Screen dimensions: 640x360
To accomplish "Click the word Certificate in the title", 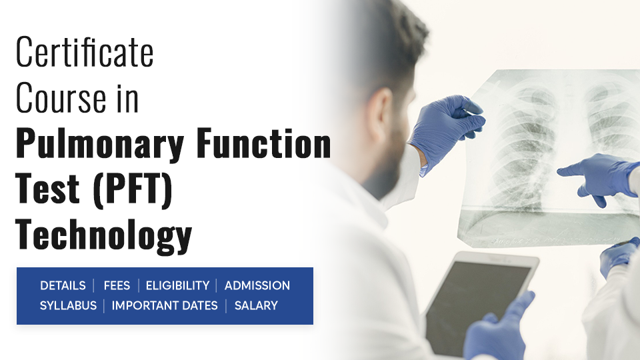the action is click(85, 52).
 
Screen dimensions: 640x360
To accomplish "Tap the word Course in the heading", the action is click(61, 97).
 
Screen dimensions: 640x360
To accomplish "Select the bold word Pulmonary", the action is click(100, 145).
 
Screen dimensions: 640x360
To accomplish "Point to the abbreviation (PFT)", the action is click(133, 189).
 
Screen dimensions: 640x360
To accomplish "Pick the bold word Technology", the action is click(104, 235).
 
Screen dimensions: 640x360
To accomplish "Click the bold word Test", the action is click(47, 188).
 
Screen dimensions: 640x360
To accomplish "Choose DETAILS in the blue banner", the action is click(63, 285).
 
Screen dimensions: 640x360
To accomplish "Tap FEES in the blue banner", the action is click(117, 285).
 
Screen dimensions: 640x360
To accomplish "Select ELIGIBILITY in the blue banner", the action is click(177, 285).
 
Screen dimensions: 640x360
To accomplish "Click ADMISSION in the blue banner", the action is click(257, 285).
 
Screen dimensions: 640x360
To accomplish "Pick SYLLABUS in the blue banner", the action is click(68, 305).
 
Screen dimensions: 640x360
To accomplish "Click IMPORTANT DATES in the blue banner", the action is click(165, 305).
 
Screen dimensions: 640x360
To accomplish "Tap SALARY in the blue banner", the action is click(256, 305).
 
